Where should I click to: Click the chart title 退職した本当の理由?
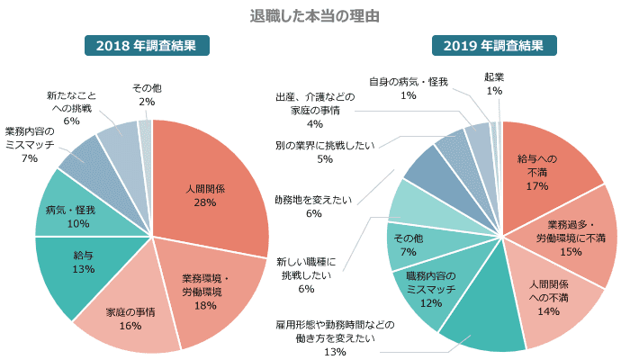pyautogui.click(x=314, y=16)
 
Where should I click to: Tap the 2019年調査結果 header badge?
pyautogui.click(x=494, y=45)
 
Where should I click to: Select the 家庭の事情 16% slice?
pyautogui.click(x=130, y=319)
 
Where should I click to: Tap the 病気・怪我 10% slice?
pyautogui.click(x=67, y=217)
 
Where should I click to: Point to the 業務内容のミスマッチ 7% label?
pyautogui.click(x=30, y=145)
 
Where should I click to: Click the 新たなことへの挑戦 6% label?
pyautogui.click(x=71, y=107)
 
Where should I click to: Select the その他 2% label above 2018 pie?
pyautogui.click(x=147, y=94)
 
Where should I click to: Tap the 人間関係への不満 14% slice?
pyautogui.click(x=548, y=298)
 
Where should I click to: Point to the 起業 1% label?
pyautogui.click(x=494, y=84)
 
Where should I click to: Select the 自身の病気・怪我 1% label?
pyautogui.click(x=408, y=88)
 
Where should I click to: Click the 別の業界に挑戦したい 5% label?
pyautogui.click(x=325, y=151)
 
